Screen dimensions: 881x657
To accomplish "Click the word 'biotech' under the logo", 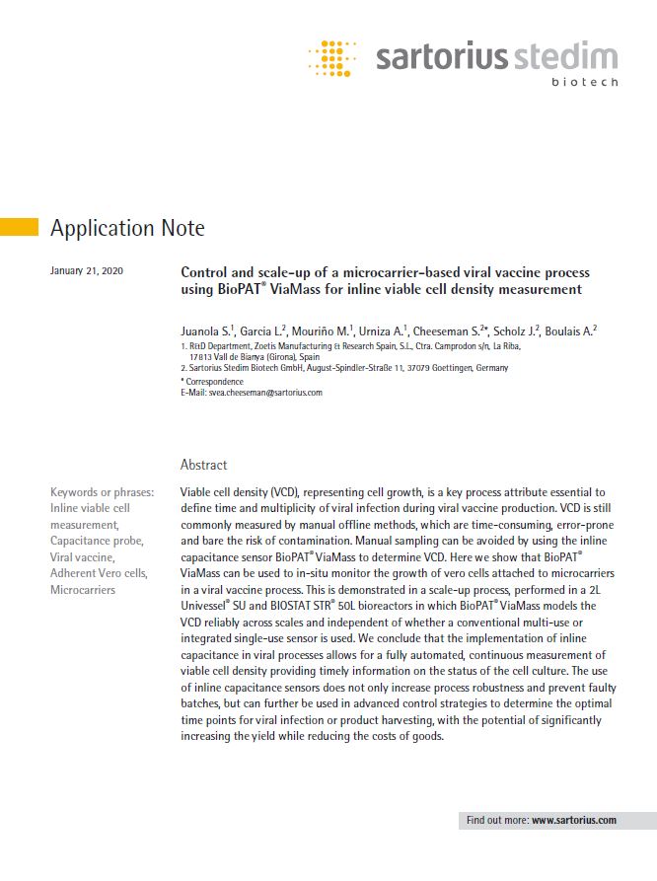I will click(585, 82).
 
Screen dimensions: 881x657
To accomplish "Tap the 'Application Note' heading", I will click(127, 229).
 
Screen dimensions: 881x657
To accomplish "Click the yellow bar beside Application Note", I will click(19, 227).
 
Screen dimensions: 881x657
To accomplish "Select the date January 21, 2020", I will click(86, 270).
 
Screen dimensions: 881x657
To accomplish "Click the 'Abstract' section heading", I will click(203, 464).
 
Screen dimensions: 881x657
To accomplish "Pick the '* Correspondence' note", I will click(212, 380).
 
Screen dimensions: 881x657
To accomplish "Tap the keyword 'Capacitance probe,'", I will click(97, 541).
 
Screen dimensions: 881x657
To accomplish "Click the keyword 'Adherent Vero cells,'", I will click(99, 573).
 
